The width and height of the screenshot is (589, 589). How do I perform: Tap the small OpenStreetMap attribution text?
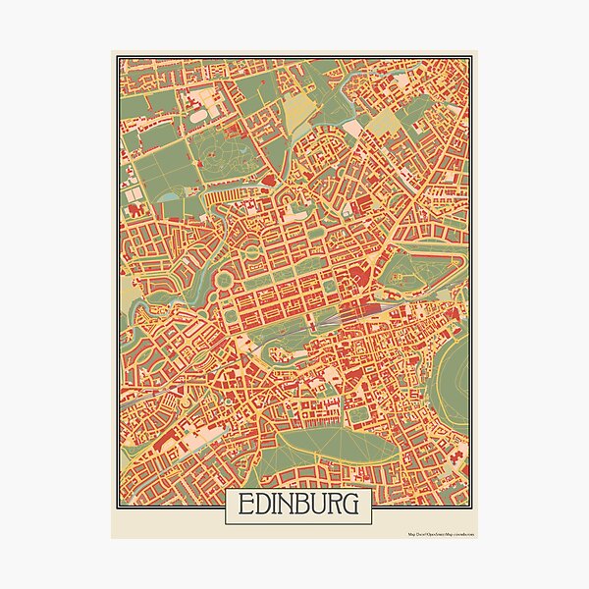click(441, 535)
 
